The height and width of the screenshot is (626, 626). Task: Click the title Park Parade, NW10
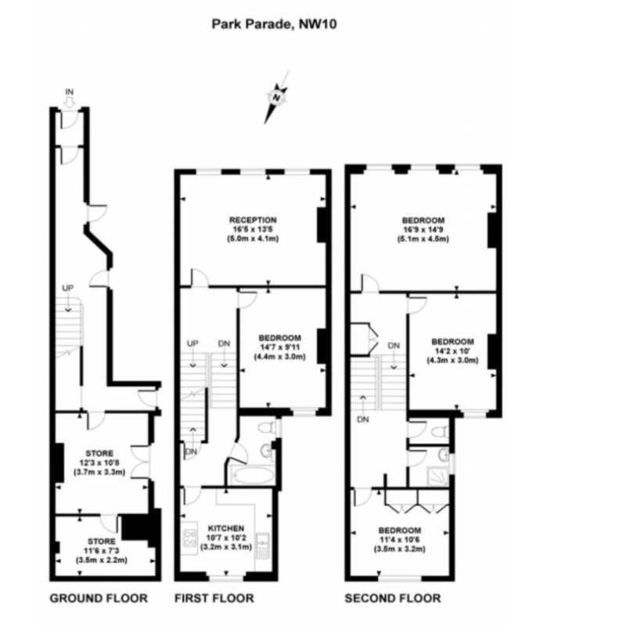pyautogui.click(x=263, y=23)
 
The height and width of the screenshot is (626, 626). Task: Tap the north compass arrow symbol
pyautogui.click(x=276, y=98)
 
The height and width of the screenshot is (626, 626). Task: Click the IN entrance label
pyautogui.click(x=69, y=92)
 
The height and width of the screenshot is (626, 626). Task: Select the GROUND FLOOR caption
pyautogui.click(x=99, y=599)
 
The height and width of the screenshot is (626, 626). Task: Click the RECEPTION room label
pyautogui.click(x=253, y=220)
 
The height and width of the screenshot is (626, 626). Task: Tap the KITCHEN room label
pyautogui.click(x=227, y=528)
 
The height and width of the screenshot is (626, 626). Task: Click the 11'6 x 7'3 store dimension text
pyautogui.click(x=101, y=551)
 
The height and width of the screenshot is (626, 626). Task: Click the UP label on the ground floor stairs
pyautogui.click(x=68, y=289)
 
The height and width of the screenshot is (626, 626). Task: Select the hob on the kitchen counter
pyautogui.click(x=189, y=538)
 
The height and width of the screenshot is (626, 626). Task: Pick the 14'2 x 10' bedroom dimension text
pyautogui.click(x=452, y=351)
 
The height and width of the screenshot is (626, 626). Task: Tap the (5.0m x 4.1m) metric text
pyautogui.click(x=253, y=239)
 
